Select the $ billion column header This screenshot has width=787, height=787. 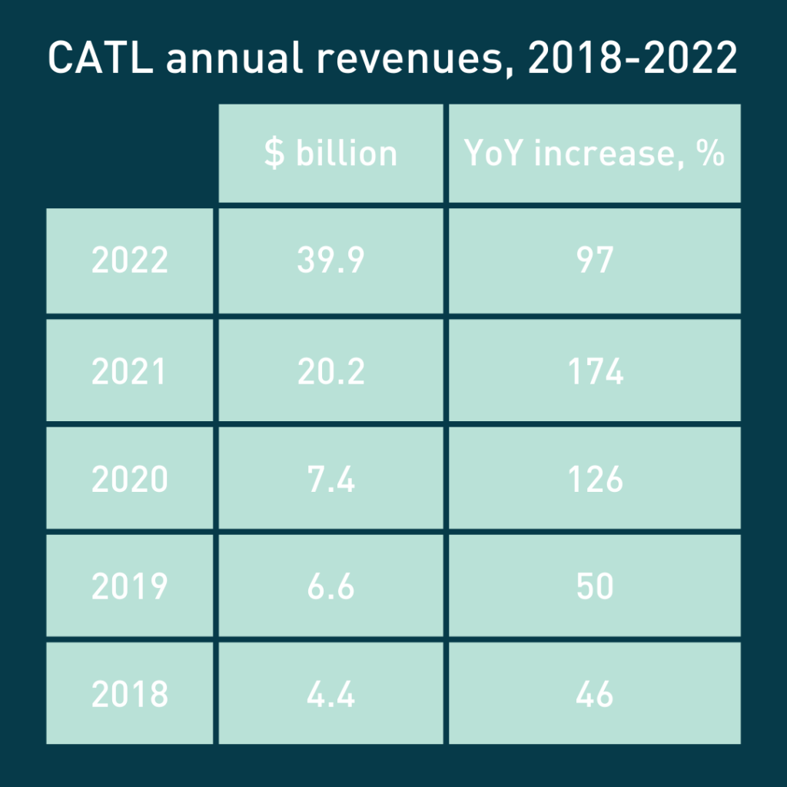pyautogui.click(x=330, y=154)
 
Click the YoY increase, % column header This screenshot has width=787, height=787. pyautogui.click(x=594, y=154)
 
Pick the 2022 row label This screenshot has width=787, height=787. pyautogui.click(x=130, y=261)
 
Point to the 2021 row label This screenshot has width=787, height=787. pyautogui.click(x=130, y=372)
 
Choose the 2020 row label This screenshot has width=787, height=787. pyautogui.click(x=130, y=480)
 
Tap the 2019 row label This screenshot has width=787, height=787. pyautogui.click(x=130, y=587)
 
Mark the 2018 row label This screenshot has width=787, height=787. pyautogui.click(x=130, y=694)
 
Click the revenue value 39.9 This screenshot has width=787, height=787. pyautogui.click(x=330, y=261)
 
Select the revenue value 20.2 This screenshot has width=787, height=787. pyautogui.click(x=330, y=372)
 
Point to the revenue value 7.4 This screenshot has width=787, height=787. pyautogui.click(x=330, y=480)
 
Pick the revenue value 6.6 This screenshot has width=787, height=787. pyautogui.click(x=330, y=587)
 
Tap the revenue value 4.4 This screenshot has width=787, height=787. pyautogui.click(x=330, y=694)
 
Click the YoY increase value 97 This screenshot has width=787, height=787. pyautogui.click(x=594, y=261)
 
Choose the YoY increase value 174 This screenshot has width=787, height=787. pyautogui.click(x=594, y=372)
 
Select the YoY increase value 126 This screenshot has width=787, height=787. pyautogui.click(x=594, y=480)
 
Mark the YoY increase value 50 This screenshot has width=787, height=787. pyautogui.click(x=594, y=587)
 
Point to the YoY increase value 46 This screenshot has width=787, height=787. pyautogui.click(x=594, y=694)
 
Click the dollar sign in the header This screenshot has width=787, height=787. pyautogui.click(x=274, y=154)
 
